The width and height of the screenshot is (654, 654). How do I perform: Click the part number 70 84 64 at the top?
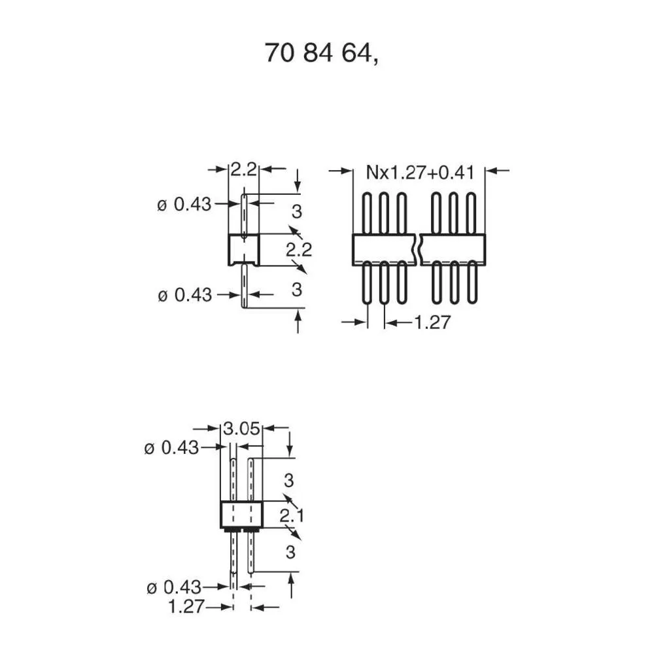tap(320, 53)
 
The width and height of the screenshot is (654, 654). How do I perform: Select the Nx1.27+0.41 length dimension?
tap(419, 173)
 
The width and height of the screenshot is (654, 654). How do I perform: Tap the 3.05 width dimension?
tap(242, 430)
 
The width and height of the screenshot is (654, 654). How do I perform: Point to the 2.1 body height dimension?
tap(291, 517)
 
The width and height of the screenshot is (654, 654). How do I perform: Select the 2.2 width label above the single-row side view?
tap(243, 170)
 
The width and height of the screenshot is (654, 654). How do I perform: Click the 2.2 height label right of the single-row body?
tap(299, 249)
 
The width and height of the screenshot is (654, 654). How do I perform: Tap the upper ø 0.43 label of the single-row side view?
tap(184, 205)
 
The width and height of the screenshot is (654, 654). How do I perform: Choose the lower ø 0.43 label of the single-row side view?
tap(184, 295)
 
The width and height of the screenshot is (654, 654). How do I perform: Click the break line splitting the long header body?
tap(417, 249)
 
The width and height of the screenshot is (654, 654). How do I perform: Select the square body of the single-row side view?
tap(244, 250)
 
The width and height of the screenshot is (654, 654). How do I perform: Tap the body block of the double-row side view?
tap(241, 515)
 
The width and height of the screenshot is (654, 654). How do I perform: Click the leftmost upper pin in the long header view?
tap(368, 213)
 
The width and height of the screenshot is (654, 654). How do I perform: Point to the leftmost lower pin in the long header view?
tap(368, 283)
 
